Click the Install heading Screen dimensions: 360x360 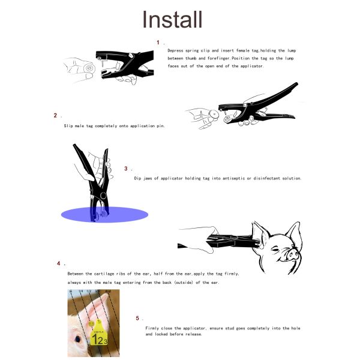[172, 19]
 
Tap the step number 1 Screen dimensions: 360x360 [158, 43]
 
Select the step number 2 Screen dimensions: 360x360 [55, 115]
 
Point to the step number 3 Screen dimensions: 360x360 [126, 169]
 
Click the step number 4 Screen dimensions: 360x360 [58, 263]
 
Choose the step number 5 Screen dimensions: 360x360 [137, 318]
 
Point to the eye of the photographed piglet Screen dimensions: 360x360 [79, 340]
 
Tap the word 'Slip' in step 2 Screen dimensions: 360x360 [68, 126]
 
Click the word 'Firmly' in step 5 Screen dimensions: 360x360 [153, 328]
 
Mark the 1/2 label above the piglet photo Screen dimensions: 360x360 [88, 292]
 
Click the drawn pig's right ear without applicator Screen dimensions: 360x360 [292, 231]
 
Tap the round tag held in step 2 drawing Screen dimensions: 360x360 [212, 114]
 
